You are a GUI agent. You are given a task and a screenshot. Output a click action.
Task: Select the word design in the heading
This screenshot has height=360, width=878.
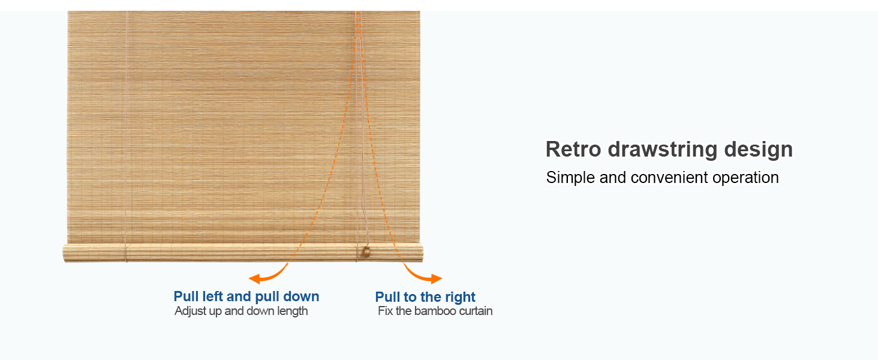[x=759, y=149]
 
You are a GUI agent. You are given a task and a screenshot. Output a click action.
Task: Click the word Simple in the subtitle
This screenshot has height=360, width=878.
[x=570, y=178]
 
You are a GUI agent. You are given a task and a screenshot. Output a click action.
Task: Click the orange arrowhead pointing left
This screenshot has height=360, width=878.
[x=254, y=278]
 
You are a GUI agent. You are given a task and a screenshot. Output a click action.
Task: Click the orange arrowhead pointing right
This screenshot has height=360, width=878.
[x=437, y=278]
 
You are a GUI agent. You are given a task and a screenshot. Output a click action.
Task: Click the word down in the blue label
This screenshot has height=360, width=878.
[x=303, y=296]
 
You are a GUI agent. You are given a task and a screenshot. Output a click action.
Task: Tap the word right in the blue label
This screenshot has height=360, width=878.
[x=461, y=297]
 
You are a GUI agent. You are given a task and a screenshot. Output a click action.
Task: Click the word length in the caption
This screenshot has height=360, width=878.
[x=291, y=311]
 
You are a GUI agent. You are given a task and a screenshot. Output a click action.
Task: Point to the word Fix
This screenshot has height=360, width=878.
[x=385, y=311]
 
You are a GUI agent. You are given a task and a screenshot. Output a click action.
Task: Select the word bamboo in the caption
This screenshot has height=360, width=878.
[x=436, y=311]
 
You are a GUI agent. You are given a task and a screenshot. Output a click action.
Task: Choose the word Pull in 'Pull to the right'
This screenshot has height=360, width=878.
[x=387, y=297]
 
